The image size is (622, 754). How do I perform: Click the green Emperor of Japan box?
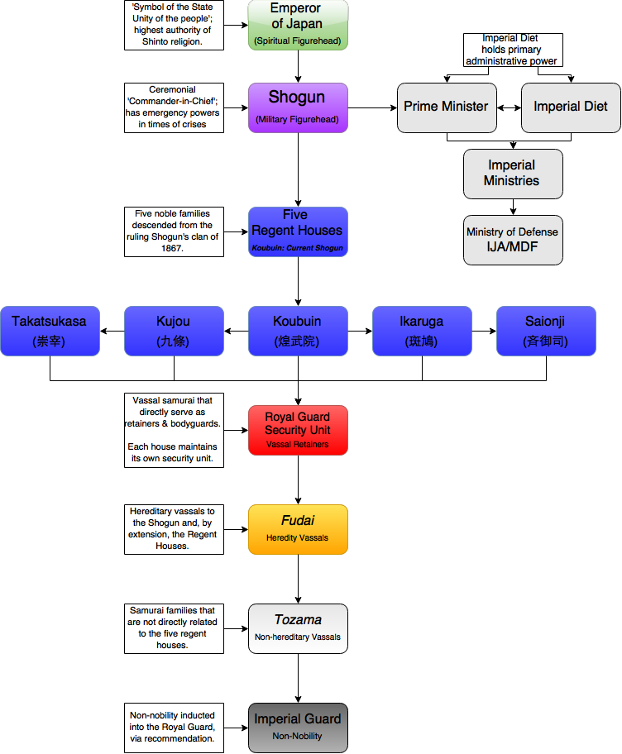click(x=298, y=25)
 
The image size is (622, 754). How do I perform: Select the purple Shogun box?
click(x=298, y=107)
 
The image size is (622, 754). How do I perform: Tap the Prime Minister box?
click(x=447, y=107)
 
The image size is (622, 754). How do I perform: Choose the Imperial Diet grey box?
click(x=571, y=107)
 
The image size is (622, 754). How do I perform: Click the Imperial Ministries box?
click(x=512, y=174)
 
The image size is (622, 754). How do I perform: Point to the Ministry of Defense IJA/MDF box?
click(x=512, y=240)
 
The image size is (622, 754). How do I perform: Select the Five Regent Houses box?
click(x=298, y=231)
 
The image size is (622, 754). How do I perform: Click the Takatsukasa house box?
click(x=50, y=331)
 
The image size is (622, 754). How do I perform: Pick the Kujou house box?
click(x=174, y=331)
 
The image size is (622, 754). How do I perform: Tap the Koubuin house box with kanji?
click(x=298, y=331)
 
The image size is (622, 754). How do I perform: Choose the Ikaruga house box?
click(x=422, y=331)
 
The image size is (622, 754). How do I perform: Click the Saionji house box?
click(x=546, y=331)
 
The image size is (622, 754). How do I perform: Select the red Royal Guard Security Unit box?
click(x=298, y=430)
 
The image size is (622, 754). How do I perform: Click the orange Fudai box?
click(x=298, y=529)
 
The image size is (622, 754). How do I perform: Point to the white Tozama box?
click(x=298, y=628)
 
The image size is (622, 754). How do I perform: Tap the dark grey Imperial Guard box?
click(x=298, y=728)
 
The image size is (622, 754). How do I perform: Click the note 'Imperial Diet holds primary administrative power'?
click(x=512, y=50)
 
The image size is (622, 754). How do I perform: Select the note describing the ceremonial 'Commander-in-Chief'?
click(x=174, y=107)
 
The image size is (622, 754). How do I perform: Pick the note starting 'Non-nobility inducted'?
click(x=174, y=728)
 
